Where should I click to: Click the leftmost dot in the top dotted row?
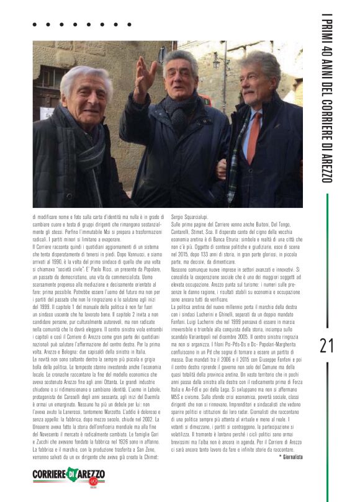click(x=34, y=25)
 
